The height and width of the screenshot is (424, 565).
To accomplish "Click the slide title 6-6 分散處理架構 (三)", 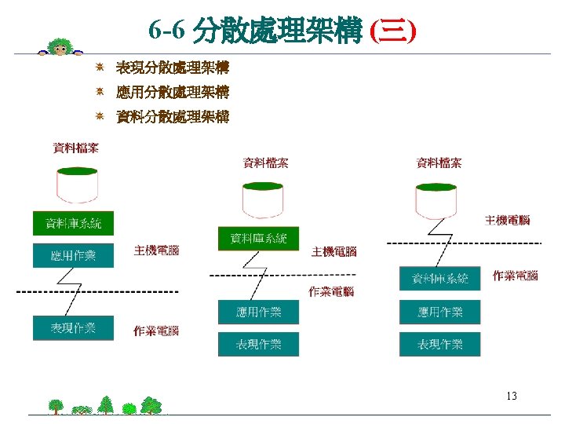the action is point(282,31).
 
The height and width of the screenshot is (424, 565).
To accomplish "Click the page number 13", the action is point(512,396).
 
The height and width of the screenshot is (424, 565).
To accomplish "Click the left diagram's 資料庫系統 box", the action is point(73,223).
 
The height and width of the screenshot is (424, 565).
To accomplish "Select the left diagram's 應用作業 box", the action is point(73,255).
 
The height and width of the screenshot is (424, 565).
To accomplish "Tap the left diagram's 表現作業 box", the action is point(73,327).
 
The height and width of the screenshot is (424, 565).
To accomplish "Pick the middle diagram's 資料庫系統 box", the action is point(258,239).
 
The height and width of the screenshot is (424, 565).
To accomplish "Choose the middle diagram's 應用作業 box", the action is point(258,312).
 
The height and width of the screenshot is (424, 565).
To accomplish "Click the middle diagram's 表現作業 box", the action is point(258,344).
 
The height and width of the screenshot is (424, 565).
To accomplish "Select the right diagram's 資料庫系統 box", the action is point(439,278).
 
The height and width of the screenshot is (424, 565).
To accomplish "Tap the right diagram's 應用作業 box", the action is point(439,312).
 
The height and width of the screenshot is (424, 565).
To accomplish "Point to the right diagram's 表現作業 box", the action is point(439,344).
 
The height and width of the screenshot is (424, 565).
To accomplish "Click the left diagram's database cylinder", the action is point(76,185).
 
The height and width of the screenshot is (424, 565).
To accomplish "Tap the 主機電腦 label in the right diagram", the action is point(507,220).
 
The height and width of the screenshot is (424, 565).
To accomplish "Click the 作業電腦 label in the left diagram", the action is point(156,331).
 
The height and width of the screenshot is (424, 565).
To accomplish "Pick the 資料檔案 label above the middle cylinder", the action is point(265,163).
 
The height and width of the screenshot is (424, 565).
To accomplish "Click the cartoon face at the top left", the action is point(59,49).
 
